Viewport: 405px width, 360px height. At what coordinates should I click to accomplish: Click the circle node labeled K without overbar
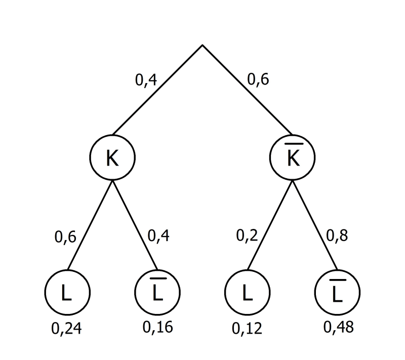pyautogui.click(x=112, y=158)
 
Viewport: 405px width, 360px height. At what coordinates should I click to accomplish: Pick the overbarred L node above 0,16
pyautogui.click(x=157, y=292)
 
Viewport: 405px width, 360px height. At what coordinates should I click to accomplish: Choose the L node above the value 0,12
pyautogui.click(x=247, y=292)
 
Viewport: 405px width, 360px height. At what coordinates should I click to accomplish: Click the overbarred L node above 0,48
pyautogui.click(x=337, y=292)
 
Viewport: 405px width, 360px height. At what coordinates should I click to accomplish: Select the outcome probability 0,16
pyautogui.click(x=157, y=327)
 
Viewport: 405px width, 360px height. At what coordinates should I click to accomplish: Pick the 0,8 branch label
pyautogui.click(x=338, y=236)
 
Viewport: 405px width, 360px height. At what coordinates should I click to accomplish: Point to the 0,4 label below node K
pyautogui.click(x=158, y=236)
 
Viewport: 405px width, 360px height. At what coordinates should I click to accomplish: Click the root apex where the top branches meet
pyautogui.click(x=202, y=46)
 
